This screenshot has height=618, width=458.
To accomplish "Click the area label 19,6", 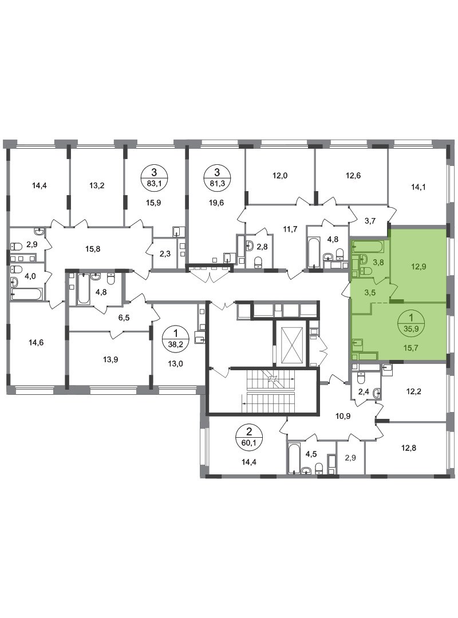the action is [x=216, y=203].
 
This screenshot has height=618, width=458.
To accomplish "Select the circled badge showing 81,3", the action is [x=216, y=177].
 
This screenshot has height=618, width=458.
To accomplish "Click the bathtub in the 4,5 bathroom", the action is [x=294, y=458].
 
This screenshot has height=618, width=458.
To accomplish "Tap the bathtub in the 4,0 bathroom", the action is [x=26, y=294].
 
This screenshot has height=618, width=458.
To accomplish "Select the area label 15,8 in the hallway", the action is [x=93, y=249].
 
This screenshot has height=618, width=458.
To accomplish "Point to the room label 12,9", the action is [x=418, y=267].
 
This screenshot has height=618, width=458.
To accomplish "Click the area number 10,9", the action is [x=343, y=416].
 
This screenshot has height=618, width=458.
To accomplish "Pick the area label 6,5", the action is [x=124, y=317].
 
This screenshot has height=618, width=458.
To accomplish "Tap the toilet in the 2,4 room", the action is [x=361, y=378].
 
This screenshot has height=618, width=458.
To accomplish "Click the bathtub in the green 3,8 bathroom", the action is [x=368, y=248].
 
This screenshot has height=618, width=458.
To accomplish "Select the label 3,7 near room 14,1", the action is [x=370, y=221].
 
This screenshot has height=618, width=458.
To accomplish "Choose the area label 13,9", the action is [x=110, y=359].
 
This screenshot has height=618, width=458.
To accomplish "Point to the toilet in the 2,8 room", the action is [x=258, y=262].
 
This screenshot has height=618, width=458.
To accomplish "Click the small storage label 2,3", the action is [x=165, y=254].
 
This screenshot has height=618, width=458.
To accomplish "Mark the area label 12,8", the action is [x=409, y=447].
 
